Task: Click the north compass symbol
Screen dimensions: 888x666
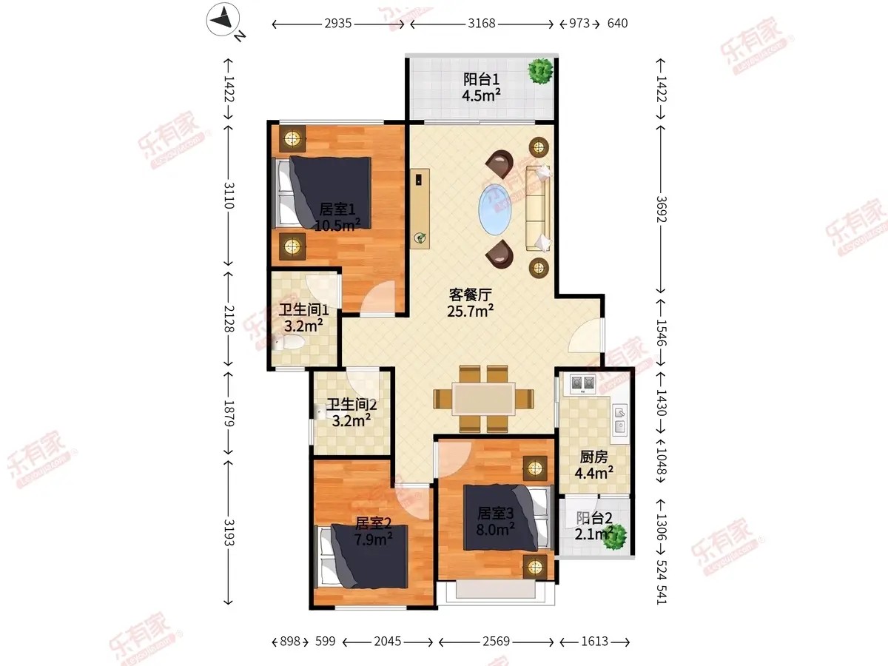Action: [x=223, y=19]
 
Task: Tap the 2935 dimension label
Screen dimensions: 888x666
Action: [x=337, y=24]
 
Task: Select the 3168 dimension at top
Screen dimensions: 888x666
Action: [x=482, y=24]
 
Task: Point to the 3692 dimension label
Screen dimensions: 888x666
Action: [x=661, y=209]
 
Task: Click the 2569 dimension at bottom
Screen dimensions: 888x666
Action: [x=496, y=642]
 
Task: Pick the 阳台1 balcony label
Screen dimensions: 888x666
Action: [x=481, y=79]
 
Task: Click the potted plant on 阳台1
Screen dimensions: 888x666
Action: [x=540, y=71]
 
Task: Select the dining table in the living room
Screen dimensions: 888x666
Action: [x=483, y=399]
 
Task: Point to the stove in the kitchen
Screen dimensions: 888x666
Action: [x=582, y=384]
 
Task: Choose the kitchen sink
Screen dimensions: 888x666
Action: [x=620, y=420]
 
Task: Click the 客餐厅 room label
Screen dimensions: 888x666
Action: [x=470, y=295]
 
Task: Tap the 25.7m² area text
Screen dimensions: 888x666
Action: [x=470, y=311]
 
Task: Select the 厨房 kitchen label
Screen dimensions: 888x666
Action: [x=593, y=457]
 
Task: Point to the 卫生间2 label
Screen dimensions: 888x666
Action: [x=351, y=404]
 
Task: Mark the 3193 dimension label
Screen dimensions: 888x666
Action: [x=229, y=533]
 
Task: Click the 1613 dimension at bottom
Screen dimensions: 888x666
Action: [x=595, y=642]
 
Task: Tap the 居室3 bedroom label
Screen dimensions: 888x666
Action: [x=495, y=513]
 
